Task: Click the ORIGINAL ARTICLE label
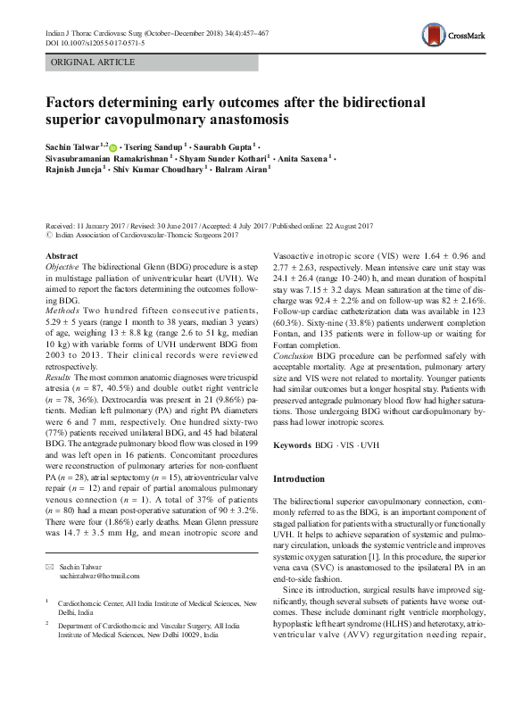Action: pyautogui.click(x=94, y=62)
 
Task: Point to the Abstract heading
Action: pyautogui.click(x=62, y=255)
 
